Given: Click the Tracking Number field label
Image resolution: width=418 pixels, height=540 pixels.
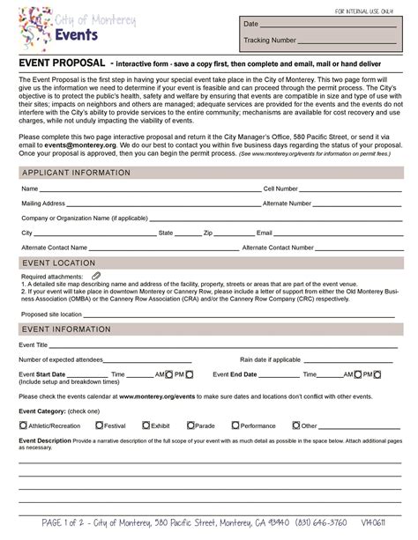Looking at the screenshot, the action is point(270,41).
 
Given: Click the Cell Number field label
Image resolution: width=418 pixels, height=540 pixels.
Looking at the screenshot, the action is point(281,189).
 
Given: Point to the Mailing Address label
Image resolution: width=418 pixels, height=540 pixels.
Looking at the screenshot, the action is point(43,203).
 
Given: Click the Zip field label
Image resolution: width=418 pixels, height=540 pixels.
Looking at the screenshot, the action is point(208,233).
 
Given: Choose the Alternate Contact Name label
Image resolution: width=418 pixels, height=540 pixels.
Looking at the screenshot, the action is point(55,248).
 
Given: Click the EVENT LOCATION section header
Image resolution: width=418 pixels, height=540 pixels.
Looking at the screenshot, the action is point(58,263).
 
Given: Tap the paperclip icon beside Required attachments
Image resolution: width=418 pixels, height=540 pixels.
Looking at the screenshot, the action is point(96,277).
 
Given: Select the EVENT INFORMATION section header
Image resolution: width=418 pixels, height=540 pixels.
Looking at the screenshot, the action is point(66,329).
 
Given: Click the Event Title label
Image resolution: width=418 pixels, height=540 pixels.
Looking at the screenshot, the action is point(34,344).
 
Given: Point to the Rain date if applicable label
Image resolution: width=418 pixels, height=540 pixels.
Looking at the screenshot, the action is point(271,359).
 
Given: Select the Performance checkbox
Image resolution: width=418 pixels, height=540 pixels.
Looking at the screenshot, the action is point(235,425).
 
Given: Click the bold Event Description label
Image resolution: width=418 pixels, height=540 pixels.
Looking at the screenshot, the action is point(45,440).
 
